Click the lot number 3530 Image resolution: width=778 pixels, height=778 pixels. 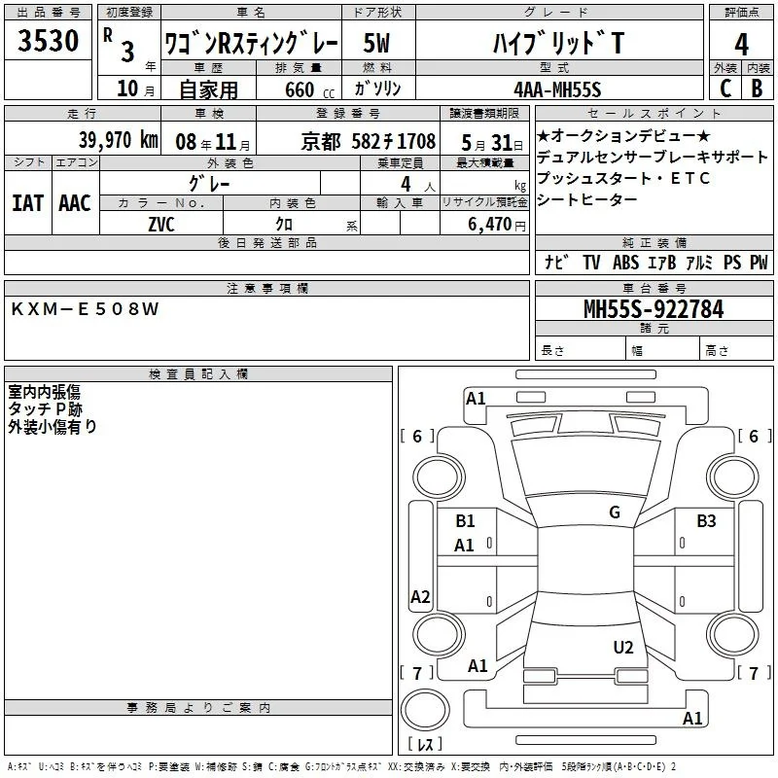click(x=48, y=40)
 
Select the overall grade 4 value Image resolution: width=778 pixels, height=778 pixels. click(x=741, y=44)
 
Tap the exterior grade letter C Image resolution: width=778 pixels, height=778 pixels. click(x=725, y=88)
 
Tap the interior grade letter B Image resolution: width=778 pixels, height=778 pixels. click(x=757, y=88)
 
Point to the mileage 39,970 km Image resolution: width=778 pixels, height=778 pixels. click(x=119, y=139)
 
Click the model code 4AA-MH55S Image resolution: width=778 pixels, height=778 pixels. click(x=557, y=89)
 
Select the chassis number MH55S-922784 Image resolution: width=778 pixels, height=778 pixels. click(x=654, y=309)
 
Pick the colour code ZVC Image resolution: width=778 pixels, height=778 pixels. click(x=161, y=225)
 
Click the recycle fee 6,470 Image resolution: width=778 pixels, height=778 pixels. click(x=490, y=225)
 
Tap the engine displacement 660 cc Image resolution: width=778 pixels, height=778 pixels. click(x=309, y=89)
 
